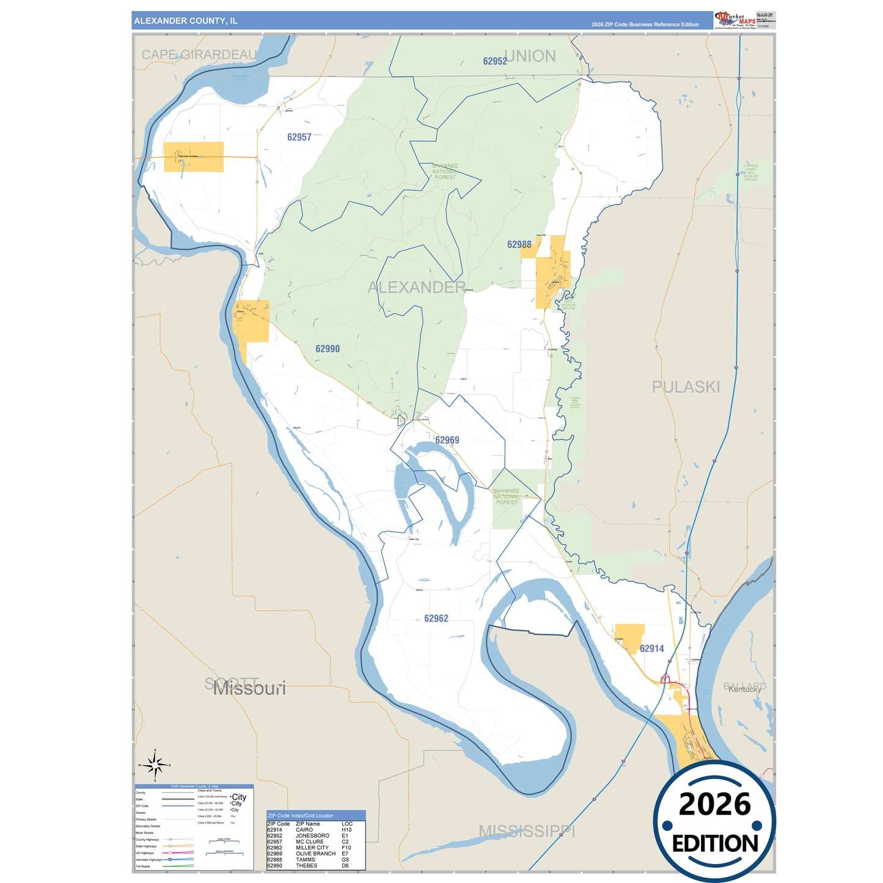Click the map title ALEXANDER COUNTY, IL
[186, 21]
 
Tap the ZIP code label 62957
[299, 137]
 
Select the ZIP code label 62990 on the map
[328, 349]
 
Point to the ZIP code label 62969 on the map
[447, 440]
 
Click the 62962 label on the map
[436, 618]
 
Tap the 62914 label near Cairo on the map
[651, 648]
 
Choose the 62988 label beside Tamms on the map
[519, 244]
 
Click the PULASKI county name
[686, 387]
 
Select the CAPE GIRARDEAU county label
[199, 55]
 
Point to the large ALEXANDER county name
[417, 287]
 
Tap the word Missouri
[249, 689]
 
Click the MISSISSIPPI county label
[527, 831]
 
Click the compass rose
[155, 764]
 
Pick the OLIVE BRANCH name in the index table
[315, 854]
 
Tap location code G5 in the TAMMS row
[345, 860]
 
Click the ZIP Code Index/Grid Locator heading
[301, 816]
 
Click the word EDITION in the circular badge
[715, 844]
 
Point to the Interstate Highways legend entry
[148, 860]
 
